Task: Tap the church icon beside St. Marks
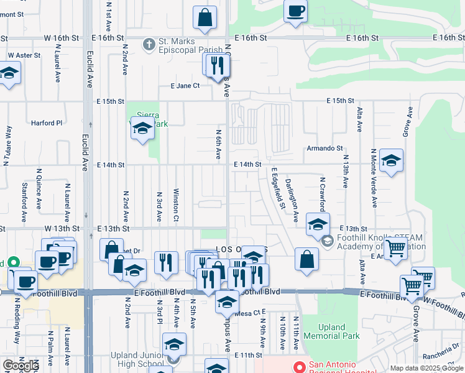pos(148,45)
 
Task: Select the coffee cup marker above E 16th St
pos(296,11)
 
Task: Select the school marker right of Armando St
pos(391,161)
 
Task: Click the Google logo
pos(21,365)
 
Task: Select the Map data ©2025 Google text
pos(426,368)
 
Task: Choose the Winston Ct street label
pos(176,205)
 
